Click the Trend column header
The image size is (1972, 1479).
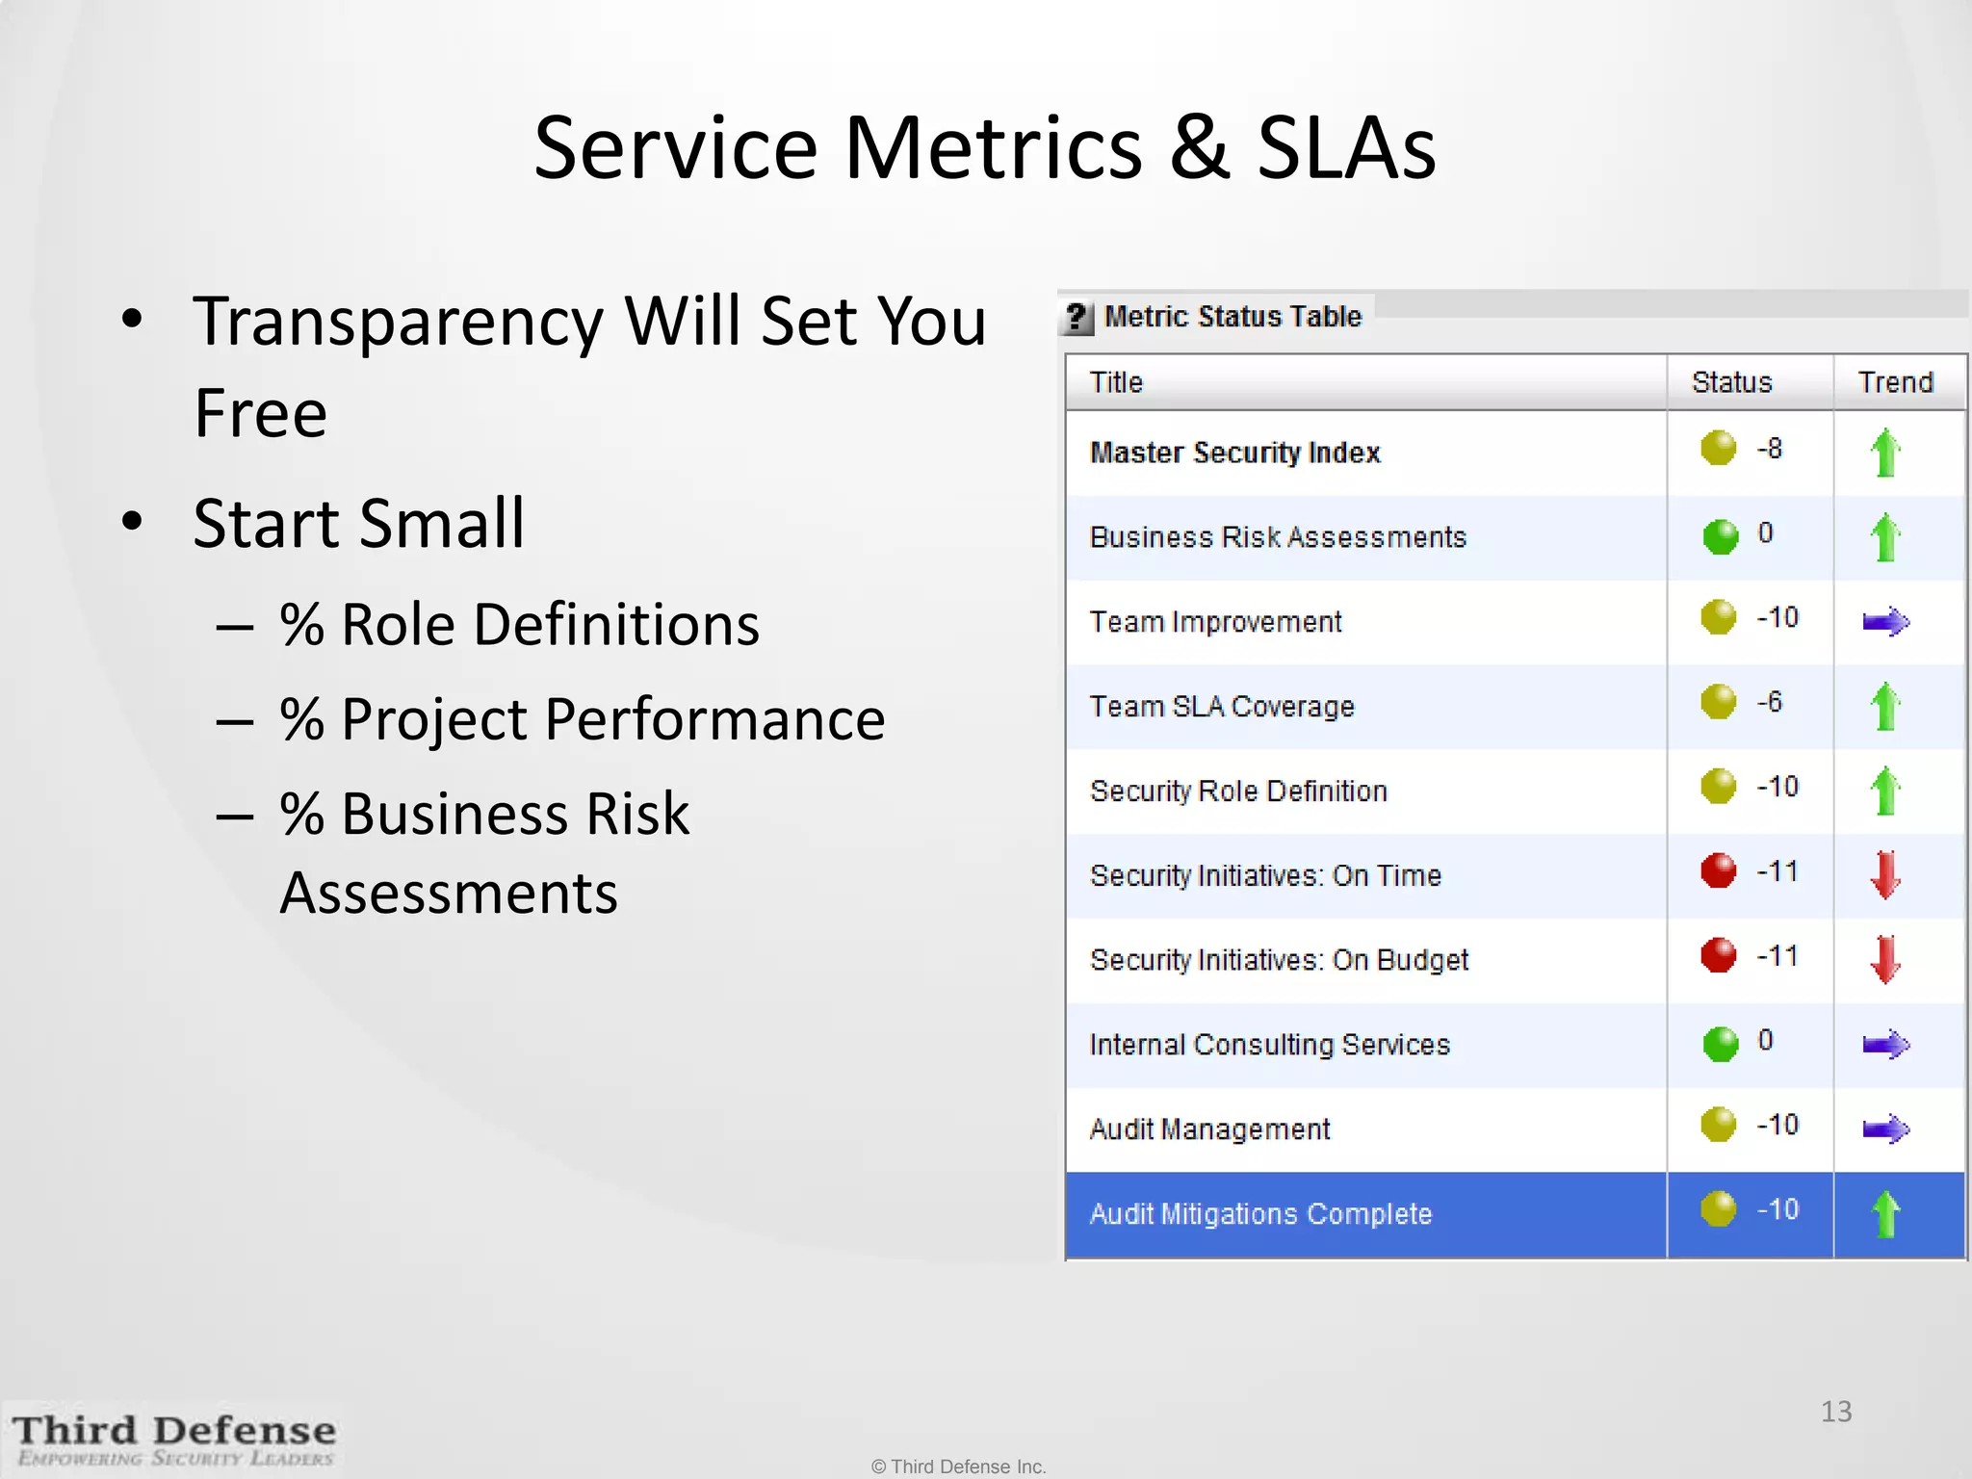click(1895, 382)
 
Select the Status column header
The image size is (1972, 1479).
click(1731, 382)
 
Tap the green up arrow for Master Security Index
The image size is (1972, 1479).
click(1885, 453)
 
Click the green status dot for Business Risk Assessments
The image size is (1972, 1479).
click(1720, 536)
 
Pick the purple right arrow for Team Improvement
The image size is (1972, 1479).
click(1885, 622)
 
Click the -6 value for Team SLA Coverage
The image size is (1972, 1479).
click(1769, 702)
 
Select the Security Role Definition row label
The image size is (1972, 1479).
click(1238, 791)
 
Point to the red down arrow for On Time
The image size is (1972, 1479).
click(1885, 874)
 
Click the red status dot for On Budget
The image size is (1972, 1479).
click(1718, 955)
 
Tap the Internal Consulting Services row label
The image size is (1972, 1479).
click(1269, 1045)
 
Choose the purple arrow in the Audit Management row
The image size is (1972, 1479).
click(1885, 1129)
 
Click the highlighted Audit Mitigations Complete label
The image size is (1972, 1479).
click(1260, 1214)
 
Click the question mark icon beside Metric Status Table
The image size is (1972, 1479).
click(1077, 317)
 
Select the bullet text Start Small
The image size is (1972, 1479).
click(358, 524)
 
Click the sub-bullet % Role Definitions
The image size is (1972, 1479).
click(519, 625)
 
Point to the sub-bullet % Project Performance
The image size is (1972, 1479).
click(582, 719)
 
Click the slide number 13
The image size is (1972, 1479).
click(1835, 1412)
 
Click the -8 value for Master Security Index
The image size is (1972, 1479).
click(1769, 449)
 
